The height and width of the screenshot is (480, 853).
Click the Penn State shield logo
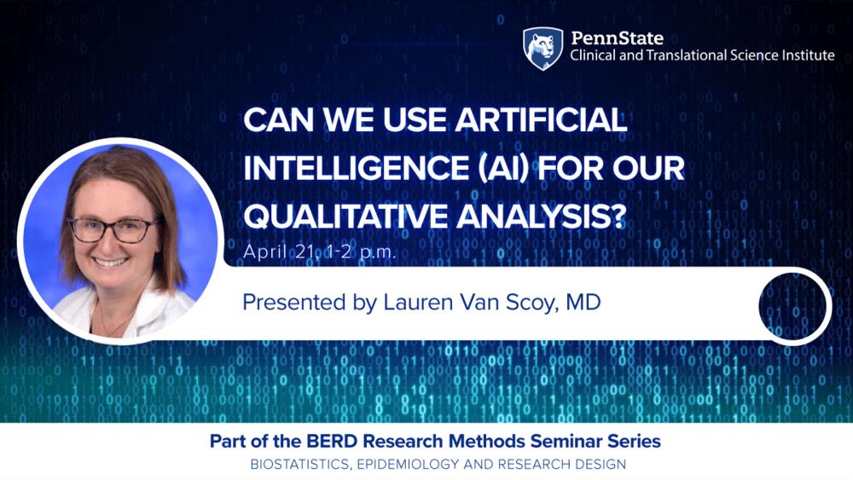click(x=543, y=49)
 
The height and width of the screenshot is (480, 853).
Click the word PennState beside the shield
click(x=617, y=38)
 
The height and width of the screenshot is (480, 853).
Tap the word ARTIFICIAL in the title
click(x=542, y=119)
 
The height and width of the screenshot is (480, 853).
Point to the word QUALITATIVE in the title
click(x=345, y=216)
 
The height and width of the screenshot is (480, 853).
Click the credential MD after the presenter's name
click(x=583, y=303)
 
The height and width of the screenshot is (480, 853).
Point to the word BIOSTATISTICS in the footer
click(x=299, y=465)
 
